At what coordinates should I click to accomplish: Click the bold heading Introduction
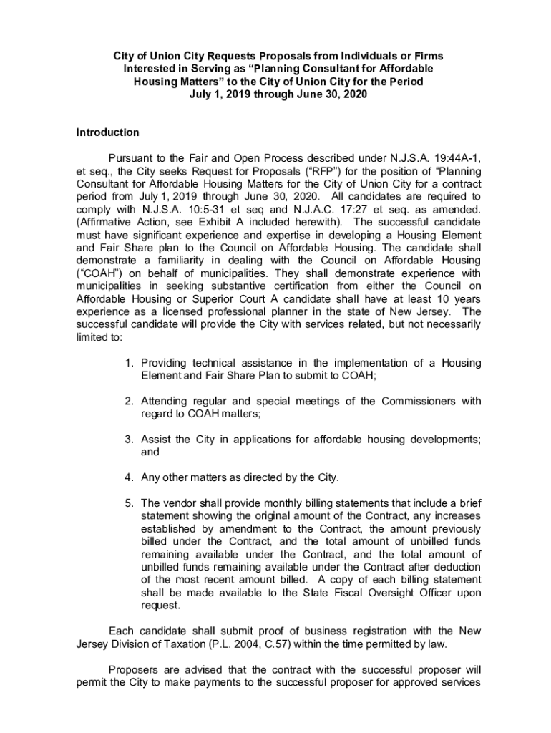108,132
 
